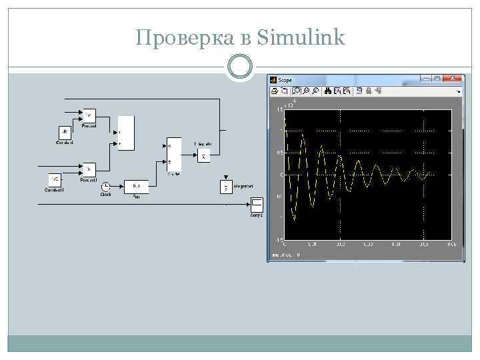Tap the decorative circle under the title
point(240,67)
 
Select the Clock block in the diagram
point(106,186)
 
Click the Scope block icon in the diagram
point(256,204)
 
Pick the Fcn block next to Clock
point(136,186)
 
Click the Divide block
point(173,153)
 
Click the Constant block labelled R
point(65,132)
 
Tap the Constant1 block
point(55,180)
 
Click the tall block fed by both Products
point(126,133)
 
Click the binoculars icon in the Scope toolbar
point(328,91)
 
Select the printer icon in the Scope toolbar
point(275,91)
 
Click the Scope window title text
point(285,80)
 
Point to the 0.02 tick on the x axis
point(340,244)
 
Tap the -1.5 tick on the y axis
point(279,239)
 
